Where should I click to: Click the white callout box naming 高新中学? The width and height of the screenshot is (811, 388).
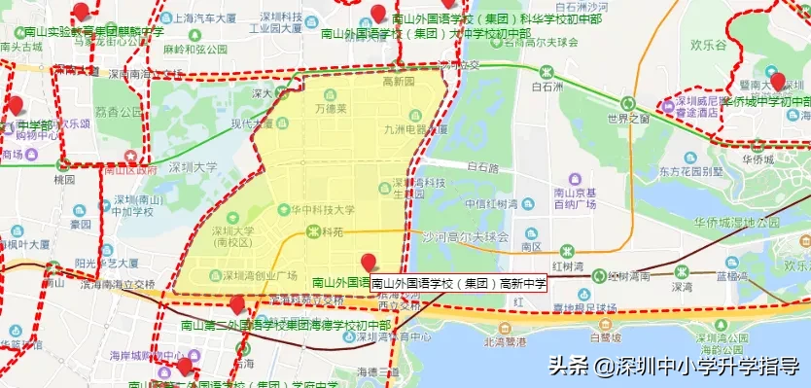(459, 283)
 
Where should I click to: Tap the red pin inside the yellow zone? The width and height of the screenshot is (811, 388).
(369, 262)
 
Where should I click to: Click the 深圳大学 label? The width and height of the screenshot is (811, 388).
(193, 167)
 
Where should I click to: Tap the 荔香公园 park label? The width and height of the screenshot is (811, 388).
(116, 112)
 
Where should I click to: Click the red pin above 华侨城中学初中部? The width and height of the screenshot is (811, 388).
(777, 82)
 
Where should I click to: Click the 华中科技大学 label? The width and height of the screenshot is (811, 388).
(316, 209)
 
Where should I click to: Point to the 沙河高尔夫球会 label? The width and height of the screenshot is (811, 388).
(465, 236)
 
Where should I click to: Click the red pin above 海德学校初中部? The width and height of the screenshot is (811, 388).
(236, 304)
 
